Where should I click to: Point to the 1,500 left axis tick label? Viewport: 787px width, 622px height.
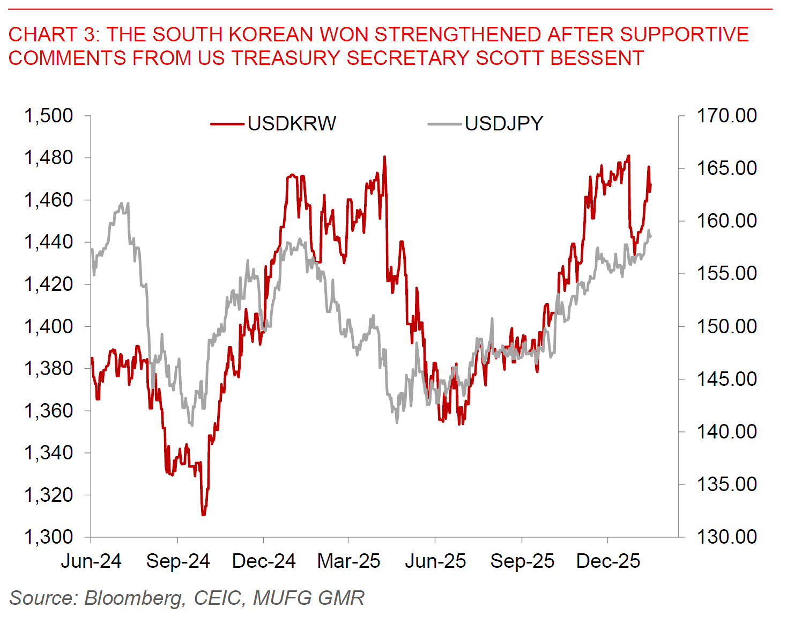pyautogui.click(x=48, y=115)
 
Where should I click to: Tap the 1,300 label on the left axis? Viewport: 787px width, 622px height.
pyautogui.click(x=48, y=537)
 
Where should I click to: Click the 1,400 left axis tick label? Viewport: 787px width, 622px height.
pyautogui.click(x=48, y=326)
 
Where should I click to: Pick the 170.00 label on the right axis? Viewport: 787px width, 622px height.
pyautogui.click(x=726, y=115)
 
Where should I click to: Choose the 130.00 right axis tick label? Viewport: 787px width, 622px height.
pyautogui.click(x=726, y=537)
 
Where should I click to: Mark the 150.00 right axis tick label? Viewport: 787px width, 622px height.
pyautogui.click(x=726, y=326)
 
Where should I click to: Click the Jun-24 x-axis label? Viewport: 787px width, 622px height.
pyautogui.click(x=91, y=561)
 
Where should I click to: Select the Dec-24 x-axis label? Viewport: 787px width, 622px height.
pyautogui.click(x=264, y=561)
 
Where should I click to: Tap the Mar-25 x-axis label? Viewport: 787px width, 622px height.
pyautogui.click(x=348, y=561)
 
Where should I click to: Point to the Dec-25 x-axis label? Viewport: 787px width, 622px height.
pyautogui.click(x=608, y=561)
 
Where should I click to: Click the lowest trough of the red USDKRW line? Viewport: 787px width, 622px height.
pyautogui.click(x=203, y=515)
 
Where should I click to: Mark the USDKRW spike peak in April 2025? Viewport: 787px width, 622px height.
pyautogui.click(x=384, y=157)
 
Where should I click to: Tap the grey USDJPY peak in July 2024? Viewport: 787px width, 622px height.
pyautogui.click(x=122, y=203)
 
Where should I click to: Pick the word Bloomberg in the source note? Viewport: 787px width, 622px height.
pyautogui.click(x=134, y=598)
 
